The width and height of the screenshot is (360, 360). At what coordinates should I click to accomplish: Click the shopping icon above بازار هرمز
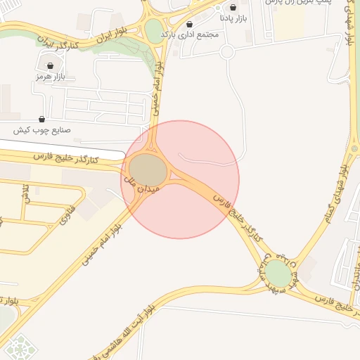[49, 65]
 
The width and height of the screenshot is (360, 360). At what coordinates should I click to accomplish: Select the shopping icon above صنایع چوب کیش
[41, 120]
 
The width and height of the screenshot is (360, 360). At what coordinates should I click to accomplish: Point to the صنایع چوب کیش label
[41, 131]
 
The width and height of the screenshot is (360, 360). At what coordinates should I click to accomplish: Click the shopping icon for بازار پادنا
[233, 7]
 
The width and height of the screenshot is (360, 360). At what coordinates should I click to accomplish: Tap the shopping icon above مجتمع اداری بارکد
[189, 24]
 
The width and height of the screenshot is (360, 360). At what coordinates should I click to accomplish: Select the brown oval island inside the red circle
[148, 170]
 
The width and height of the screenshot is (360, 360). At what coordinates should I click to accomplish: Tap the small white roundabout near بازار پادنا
[226, 51]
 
